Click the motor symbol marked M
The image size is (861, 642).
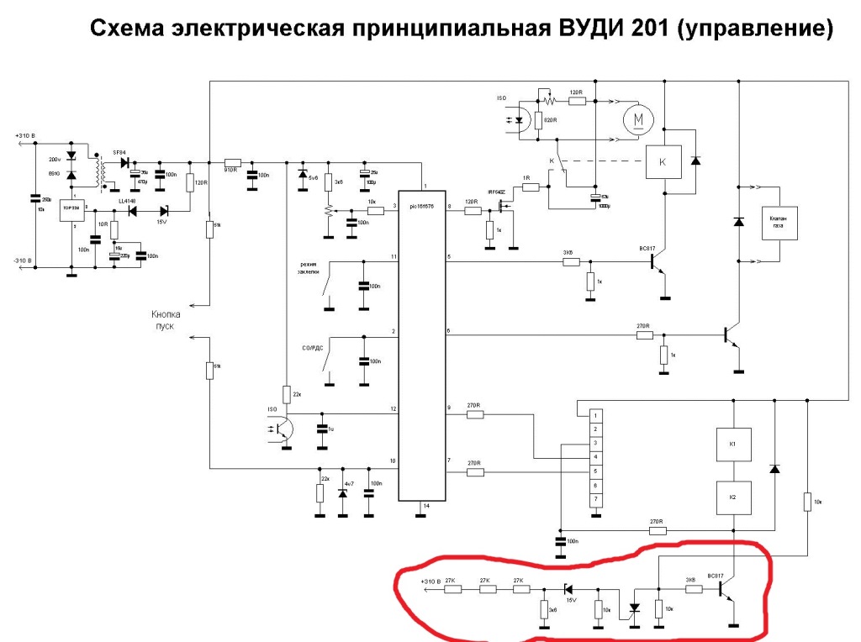click(637, 120)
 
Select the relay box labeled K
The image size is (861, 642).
click(663, 160)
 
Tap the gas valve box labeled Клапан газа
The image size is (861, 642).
click(779, 223)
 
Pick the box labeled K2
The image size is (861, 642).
click(732, 497)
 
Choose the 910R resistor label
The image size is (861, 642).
click(232, 171)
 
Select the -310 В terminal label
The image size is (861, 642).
click(24, 261)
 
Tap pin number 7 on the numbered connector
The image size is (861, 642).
click(595, 500)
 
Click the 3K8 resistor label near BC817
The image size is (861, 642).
click(689, 579)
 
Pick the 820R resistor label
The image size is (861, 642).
click(552, 119)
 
